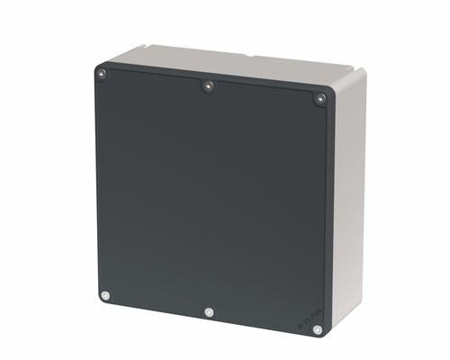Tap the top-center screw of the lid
pos(208,86)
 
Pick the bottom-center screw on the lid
pos(209,312)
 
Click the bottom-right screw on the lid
pos(317,329)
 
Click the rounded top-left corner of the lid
pos(98,65)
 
